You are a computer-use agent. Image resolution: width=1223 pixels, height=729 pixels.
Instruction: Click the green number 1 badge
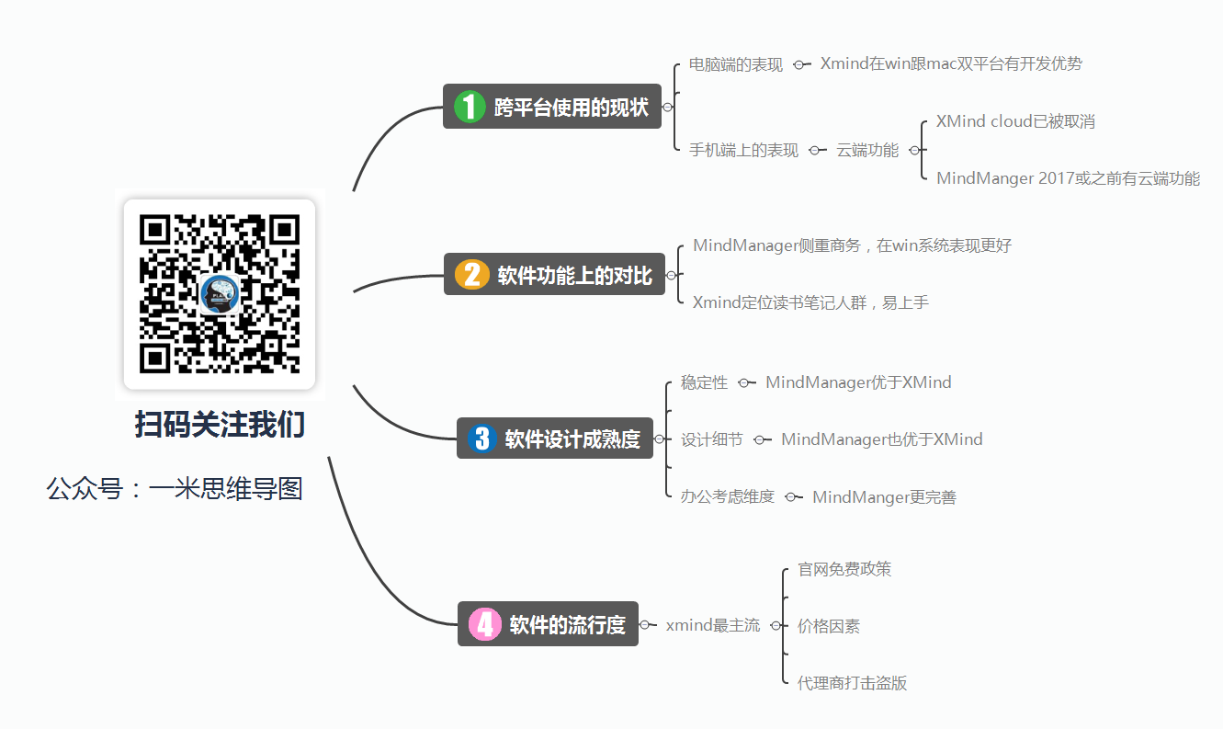tap(470, 107)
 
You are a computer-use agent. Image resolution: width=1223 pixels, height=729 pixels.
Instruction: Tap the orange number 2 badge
tap(471, 274)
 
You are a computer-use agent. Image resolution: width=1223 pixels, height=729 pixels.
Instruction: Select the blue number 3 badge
tap(481, 438)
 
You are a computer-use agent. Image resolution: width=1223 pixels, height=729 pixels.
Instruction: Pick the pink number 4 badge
tap(485, 623)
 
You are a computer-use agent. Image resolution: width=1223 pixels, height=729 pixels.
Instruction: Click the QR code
tap(220, 294)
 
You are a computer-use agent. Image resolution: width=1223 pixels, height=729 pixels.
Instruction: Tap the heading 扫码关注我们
tap(220, 425)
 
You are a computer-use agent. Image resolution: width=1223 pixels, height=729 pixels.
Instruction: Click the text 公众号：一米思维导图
tap(175, 488)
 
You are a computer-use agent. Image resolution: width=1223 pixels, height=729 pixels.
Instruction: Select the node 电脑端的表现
tap(735, 64)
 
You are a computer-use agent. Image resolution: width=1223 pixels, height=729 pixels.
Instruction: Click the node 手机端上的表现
tap(743, 150)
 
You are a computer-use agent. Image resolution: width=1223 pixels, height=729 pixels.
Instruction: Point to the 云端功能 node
tap(867, 150)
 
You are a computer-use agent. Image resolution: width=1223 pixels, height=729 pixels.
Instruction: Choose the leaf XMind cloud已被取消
tap(1015, 120)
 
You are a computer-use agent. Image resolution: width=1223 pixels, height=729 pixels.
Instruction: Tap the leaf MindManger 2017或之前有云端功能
tap(1068, 178)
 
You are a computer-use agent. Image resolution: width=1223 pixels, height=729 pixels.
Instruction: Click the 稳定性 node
tap(704, 382)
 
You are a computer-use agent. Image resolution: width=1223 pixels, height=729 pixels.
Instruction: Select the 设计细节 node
tap(711, 439)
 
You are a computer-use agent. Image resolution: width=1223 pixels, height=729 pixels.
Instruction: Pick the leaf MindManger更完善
tap(884, 497)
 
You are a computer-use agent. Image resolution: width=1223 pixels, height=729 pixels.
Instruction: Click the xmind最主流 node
tap(712, 625)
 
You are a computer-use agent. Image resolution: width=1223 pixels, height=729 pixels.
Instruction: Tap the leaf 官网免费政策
tap(844, 569)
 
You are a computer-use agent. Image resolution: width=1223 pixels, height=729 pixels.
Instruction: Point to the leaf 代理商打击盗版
tap(852, 683)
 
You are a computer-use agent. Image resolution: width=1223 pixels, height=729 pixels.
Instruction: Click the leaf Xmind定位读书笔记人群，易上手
tap(810, 302)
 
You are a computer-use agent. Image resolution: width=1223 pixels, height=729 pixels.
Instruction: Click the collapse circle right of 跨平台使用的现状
tap(667, 107)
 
